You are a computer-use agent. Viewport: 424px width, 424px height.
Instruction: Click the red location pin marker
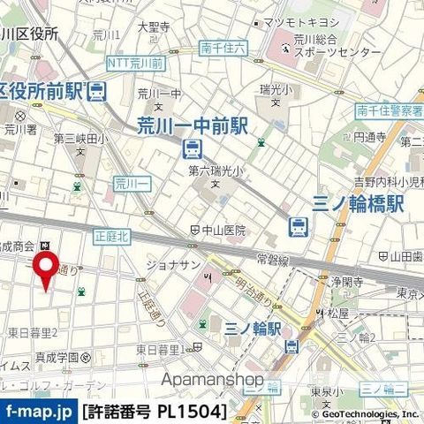(x=45, y=269)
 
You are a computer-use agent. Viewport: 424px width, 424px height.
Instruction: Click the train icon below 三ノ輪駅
(x=287, y=346)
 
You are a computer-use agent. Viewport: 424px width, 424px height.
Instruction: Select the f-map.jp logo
(x=38, y=412)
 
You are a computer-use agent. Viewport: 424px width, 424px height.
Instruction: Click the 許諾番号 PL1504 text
(x=154, y=412)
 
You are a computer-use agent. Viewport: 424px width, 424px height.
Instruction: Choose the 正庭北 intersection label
(x=110, y=236)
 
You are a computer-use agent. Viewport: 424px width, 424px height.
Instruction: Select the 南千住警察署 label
(x=390, y=110)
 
